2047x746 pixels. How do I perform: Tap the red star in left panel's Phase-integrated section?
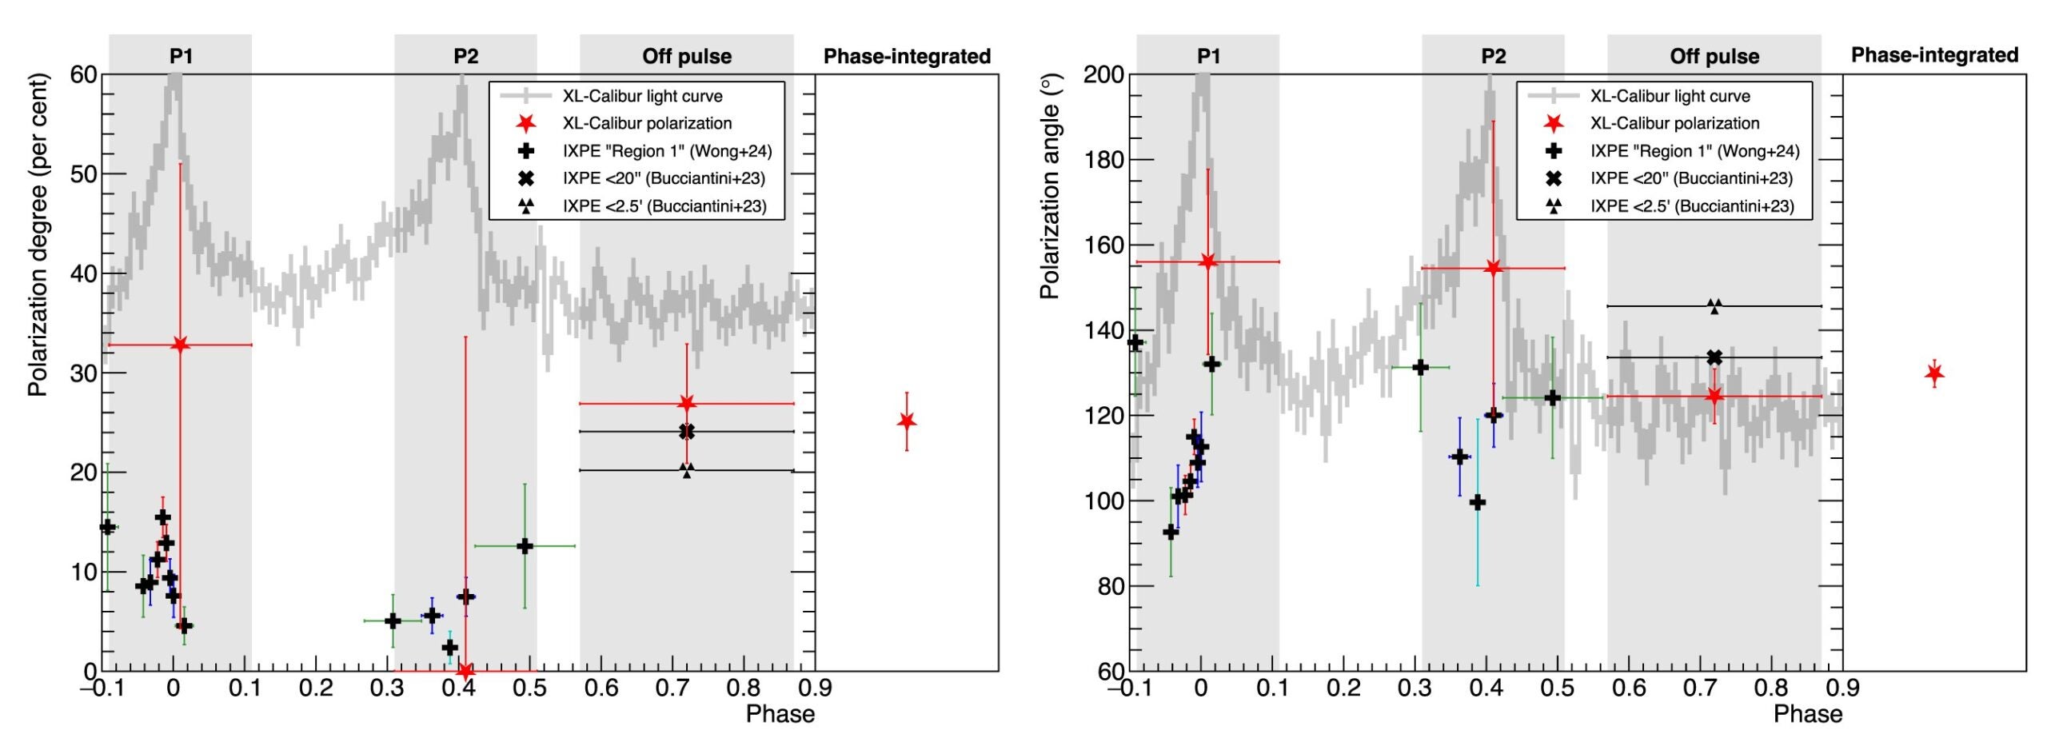click(x=906, y=421)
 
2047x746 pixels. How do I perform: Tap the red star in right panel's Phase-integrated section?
click(x=1934, y=373)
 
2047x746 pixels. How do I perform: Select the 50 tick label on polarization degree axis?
click(x=83, y=174)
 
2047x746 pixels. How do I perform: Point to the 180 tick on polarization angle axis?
click(x=1103, y=160)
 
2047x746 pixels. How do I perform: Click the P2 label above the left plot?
click(x=465, y=56)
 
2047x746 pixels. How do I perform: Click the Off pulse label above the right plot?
click(x=1714, y=56)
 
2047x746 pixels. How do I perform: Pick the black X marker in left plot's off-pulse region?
click(x=687, y=432)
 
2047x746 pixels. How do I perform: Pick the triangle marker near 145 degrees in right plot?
click(x=1714, y=306)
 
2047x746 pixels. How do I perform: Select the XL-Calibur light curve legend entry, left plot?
click(x=642, y=96)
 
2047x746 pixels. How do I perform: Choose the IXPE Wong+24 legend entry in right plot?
click(x=1694, y=151)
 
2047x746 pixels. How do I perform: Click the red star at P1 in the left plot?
click(x=180, y=345)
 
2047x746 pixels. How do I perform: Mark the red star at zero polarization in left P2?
click(x=465, y=670)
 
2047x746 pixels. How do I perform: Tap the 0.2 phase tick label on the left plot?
click(x=316, y=688)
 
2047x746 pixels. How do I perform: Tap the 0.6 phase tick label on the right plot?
click(x=1629, y=688)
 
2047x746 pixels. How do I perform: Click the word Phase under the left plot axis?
click(x=780, y=714)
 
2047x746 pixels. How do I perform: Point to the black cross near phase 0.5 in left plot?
click(x=525, y=546)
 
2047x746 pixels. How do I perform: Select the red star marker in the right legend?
click(x=1553, y=123)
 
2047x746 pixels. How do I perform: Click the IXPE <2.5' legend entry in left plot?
click(x=664, y=206)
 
